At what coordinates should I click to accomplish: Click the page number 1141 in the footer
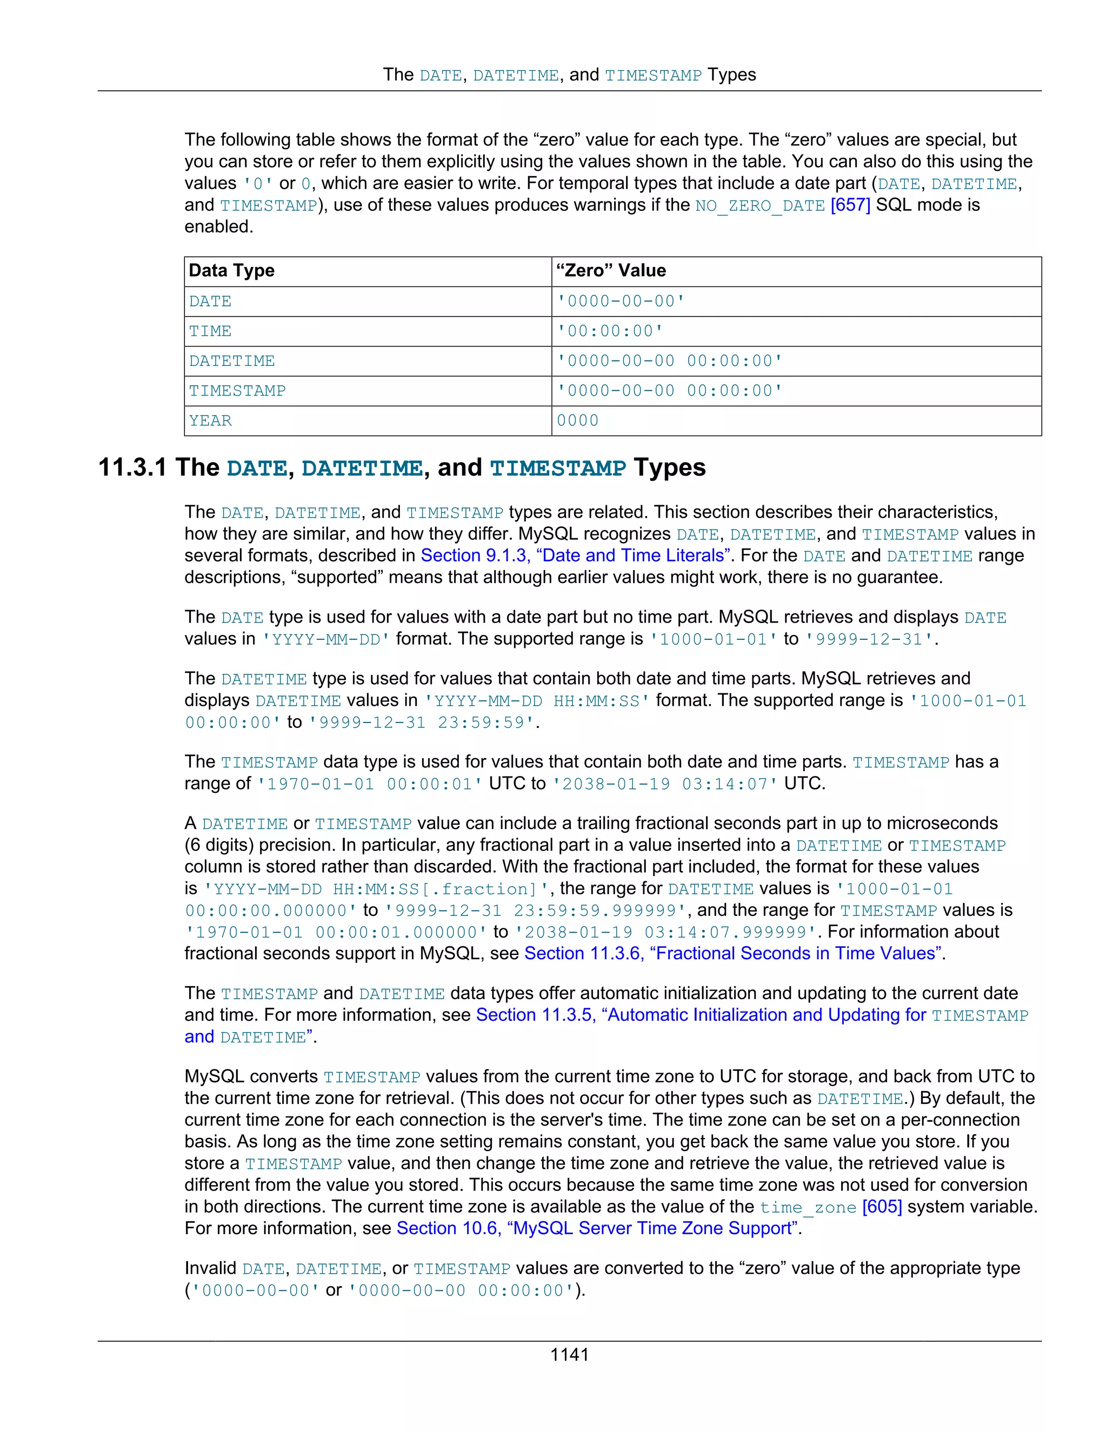(x=569, y=1355)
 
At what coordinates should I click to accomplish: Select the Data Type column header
(x=231, y=271)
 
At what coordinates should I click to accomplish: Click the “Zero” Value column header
(x=611, y=271)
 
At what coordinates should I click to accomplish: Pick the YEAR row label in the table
(x=210, y=421)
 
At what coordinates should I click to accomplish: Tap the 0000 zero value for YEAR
(x=577, y=421)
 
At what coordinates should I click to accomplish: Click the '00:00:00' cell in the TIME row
(x=610, y=331)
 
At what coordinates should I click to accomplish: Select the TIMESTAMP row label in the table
(x=237, y=391)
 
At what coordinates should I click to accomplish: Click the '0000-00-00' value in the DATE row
(x=621, y=302)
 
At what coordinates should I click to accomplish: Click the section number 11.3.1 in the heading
(x=132, y=467)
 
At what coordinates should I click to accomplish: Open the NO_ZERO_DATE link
(x=760, y=206)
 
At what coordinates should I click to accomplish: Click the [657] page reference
(x=850, y=205)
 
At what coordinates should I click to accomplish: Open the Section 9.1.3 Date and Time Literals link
(x=576, y=556)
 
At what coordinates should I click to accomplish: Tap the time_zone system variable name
(x=808, y=1207)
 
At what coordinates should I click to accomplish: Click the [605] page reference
(x=882, y=1207)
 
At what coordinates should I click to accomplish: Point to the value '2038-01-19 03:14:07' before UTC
(x=664, y=784)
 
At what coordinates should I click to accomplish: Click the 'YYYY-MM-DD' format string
(x=326, y=639)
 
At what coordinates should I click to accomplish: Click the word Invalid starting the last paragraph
(x=210, y=1268)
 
